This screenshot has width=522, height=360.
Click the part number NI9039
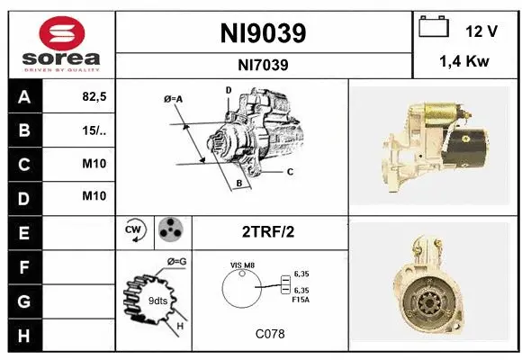(263, 33)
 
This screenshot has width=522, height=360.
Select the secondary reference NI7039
(263, 64)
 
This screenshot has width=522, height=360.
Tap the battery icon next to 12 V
(434, 28)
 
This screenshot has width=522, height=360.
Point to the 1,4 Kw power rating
(463, 63)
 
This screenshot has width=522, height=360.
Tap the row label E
(24, 231)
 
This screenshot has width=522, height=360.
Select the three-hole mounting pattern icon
(170, 230)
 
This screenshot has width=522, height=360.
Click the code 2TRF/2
(267, 231)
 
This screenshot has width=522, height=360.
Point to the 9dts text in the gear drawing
(157, 300)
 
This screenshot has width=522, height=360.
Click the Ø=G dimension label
(175, 262)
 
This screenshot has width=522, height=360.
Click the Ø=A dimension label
(174, 98)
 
